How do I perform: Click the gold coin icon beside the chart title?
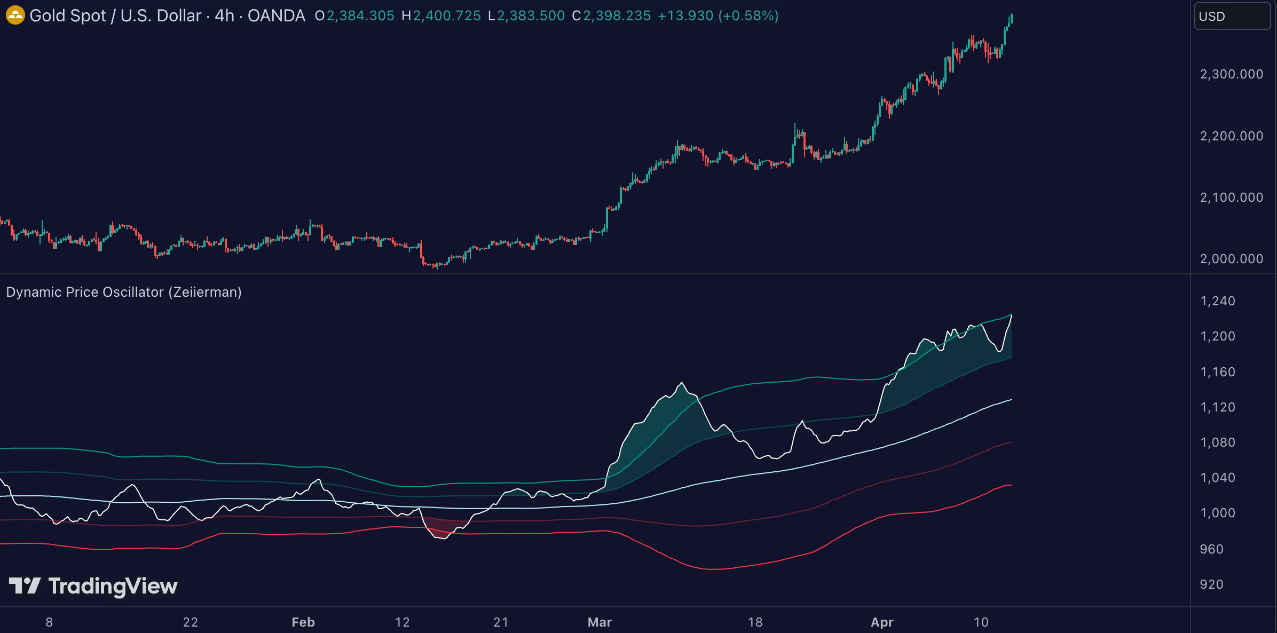[15, 15]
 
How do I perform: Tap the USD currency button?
[1231, 16]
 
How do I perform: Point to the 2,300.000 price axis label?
[1231, 74]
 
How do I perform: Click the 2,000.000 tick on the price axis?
[1231, 259]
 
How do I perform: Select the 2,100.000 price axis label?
[1231, 197]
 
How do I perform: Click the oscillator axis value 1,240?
[1217, 301]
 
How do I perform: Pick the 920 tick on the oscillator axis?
[1211, 584]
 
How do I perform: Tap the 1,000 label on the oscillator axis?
[1217, 513]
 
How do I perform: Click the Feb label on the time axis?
[303, 622]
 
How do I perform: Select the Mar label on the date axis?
[600, 622]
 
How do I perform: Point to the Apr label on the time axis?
[882, 622]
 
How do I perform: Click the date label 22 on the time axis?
[190, 622]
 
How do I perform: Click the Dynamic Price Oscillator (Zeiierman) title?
[124, 292]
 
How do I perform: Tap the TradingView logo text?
[113, 586]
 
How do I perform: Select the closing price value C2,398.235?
[611, 16]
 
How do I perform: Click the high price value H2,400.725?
[441, 16]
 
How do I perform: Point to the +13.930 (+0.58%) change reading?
[718, 16]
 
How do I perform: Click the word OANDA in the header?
[276, 16]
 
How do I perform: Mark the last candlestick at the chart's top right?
[1011, 20]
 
